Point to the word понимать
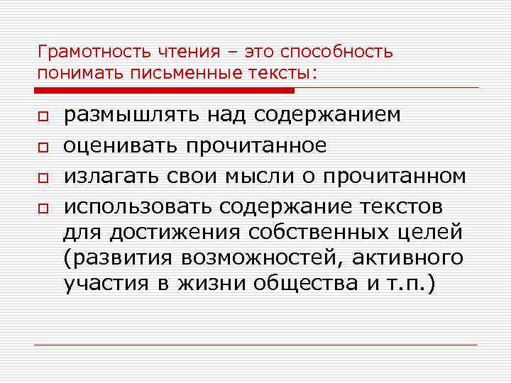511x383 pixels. click(x=70, y=73)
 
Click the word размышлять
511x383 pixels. click(x=133, y=115)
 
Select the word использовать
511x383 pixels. click(x=138, y=207)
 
